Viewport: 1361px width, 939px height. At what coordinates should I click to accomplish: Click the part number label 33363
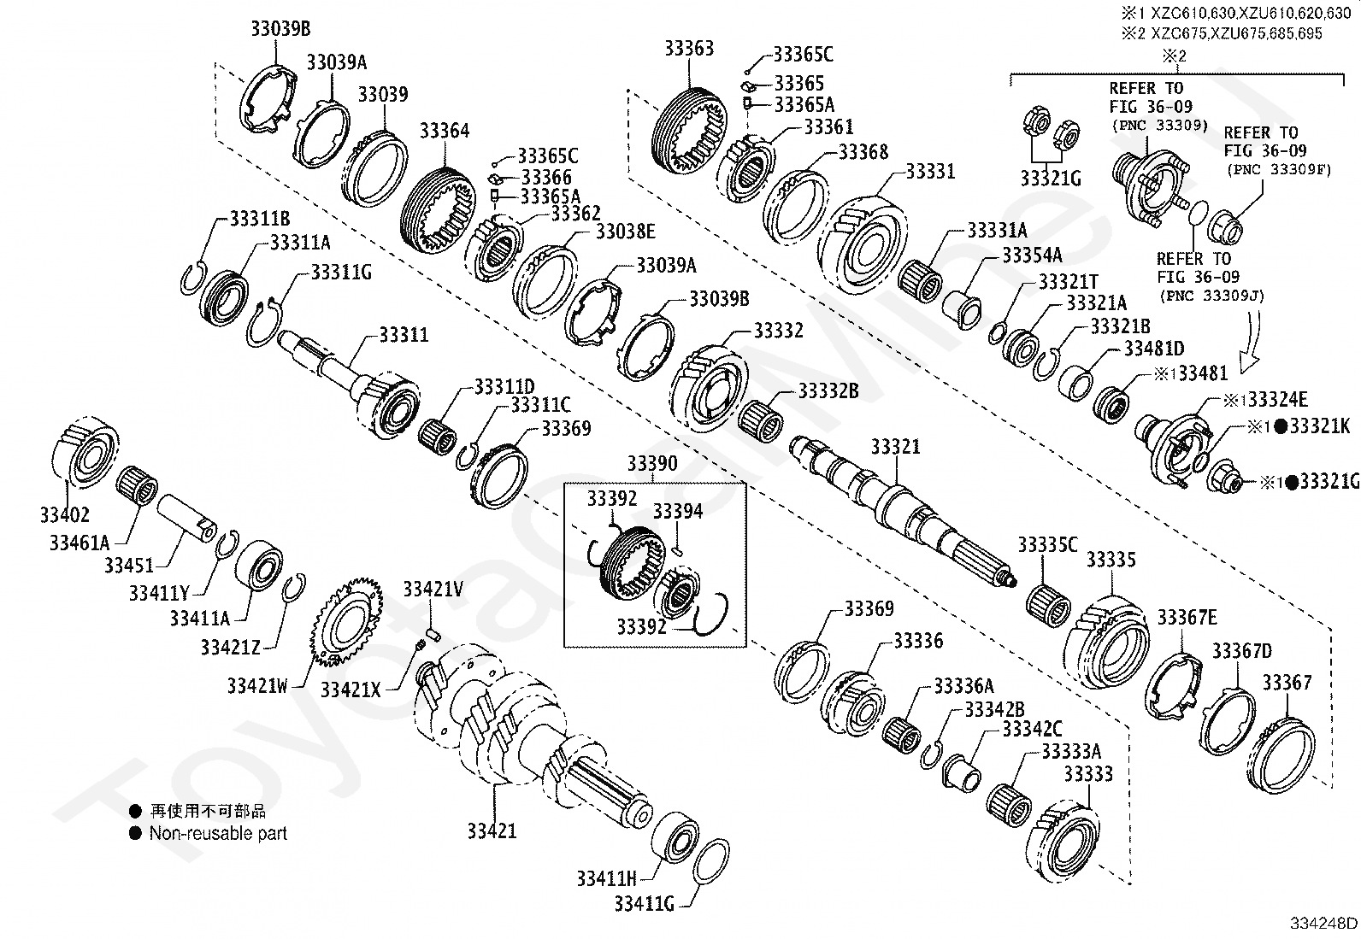pyautogui.click(x=689, y=48)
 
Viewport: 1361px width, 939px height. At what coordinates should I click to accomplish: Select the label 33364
pyautogui.click(x=444, y=131)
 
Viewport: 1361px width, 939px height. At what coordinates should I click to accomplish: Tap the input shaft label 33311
pyautogui.click(x=404, y=335)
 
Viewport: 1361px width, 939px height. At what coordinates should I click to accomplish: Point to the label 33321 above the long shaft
pyautogui.click(x=896, y=447)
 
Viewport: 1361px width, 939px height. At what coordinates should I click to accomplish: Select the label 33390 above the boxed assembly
pyautogui.click(x=651, y=463)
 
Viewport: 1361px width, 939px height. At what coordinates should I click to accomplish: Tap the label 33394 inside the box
pyautogui.click(x=678, y=511)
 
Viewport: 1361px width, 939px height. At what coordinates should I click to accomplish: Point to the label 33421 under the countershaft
pyautogui.click(x=492, y=830)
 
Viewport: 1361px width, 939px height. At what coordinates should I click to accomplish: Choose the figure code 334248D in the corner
pyautogui.click(x=1323, y=923)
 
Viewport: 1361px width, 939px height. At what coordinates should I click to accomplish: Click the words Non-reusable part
pyautogui.click(x=218, y=833)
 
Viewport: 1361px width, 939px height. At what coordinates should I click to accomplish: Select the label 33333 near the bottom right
pyautogui.click(x=1088, y=773)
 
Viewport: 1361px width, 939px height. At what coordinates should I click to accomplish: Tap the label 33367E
pyautogui.click(x=1187, y=617)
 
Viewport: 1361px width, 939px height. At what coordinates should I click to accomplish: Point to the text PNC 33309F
pyautogui.click(x=1279, y=169)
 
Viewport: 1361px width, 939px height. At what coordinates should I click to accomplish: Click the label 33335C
pyautogui.click(x=1047, y=544)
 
